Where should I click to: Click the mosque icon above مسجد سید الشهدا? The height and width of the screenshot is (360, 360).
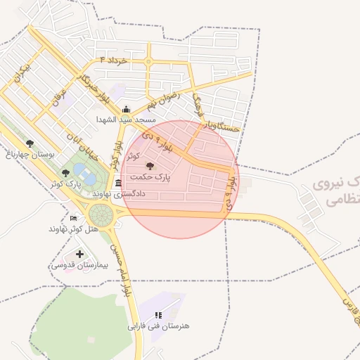tap(126, 109)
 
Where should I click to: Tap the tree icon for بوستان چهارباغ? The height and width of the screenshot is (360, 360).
tap(29, 144)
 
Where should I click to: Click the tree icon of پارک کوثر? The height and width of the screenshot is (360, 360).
tap(65, 172)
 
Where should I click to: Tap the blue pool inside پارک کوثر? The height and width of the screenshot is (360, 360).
tap(83, 174)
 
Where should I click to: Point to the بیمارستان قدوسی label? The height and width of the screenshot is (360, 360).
tap(78, 265)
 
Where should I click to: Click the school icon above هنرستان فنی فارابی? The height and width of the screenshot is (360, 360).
tap(158, 315)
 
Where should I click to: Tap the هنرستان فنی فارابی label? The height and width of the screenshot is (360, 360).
tap(158, 326)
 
